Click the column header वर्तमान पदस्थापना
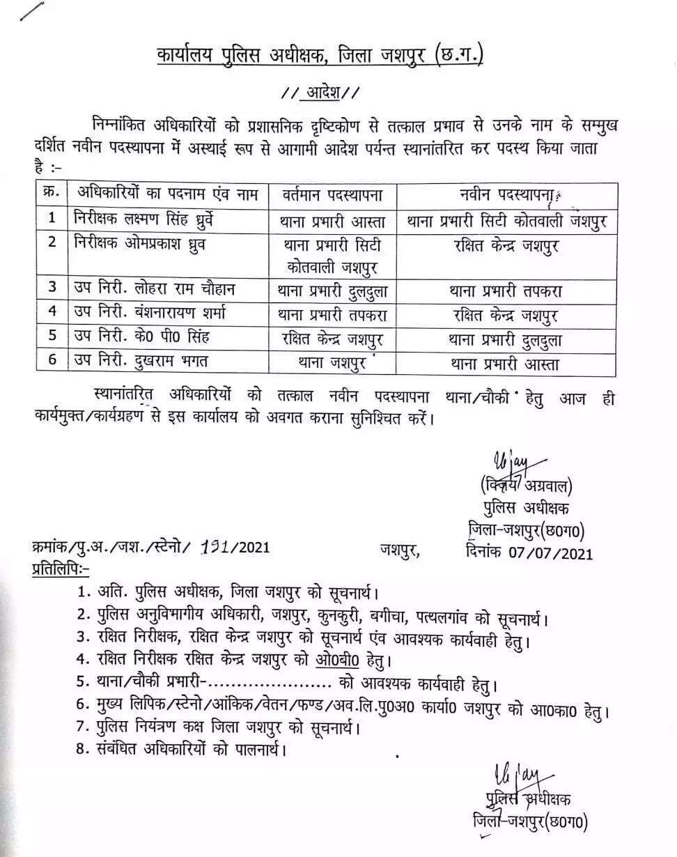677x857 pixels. click(331, 194)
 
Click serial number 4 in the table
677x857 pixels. click(52, 313)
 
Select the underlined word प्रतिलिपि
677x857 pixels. click(60, 570)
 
